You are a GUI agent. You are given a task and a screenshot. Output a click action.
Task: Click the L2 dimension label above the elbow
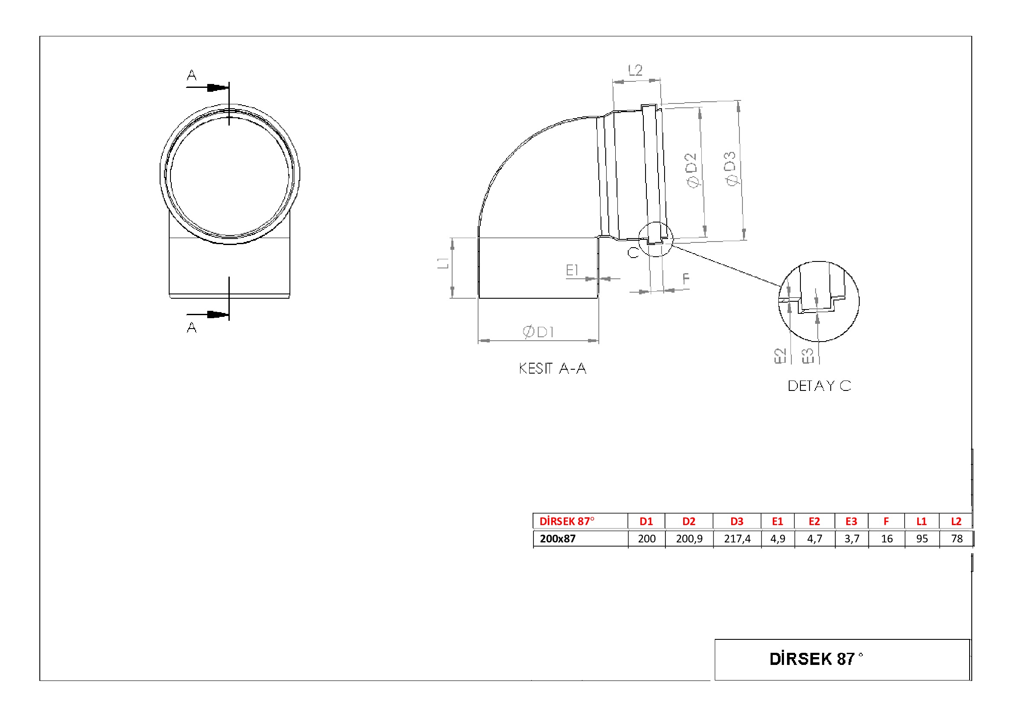(x=635, y=70)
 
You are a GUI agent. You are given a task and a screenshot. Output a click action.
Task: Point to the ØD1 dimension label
(x=538, y=332)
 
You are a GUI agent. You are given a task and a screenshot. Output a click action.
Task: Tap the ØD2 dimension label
(x=692, y=170)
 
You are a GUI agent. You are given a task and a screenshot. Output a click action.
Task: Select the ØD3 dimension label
(x=730, y=169)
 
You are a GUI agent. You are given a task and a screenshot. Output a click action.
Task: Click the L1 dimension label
(x=443, y=263)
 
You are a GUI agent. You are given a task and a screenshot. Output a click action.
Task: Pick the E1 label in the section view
(x=572, y=270)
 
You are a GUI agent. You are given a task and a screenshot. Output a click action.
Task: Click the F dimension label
(x=686, y=278)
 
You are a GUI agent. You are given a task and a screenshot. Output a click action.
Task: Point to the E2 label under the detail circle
(x=780, y=356)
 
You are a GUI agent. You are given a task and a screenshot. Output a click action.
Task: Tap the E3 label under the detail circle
(x=807, y=356)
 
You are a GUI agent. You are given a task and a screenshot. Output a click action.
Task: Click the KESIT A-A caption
(x=552, y=368)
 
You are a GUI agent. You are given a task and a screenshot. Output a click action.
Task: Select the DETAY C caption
(x=819, y=386)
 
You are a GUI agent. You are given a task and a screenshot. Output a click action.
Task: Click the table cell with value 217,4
(x=737, y=539)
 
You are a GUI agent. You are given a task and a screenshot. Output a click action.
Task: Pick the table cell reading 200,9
(x=689, y=539)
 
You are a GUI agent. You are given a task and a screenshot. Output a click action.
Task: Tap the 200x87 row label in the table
(x=558, y=539)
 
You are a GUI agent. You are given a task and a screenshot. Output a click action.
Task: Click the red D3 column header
(x=737, y=522)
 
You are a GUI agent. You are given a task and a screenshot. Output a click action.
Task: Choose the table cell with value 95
(x=922, y=539)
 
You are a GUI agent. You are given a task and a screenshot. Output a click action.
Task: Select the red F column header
(x=887, y=522)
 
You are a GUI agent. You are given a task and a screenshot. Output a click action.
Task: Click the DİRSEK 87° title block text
(x=816, y=659)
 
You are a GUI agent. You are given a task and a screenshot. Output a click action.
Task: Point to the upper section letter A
(x=192, y=75)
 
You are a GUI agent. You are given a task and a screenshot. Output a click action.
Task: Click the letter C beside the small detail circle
(x=633, y=253)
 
